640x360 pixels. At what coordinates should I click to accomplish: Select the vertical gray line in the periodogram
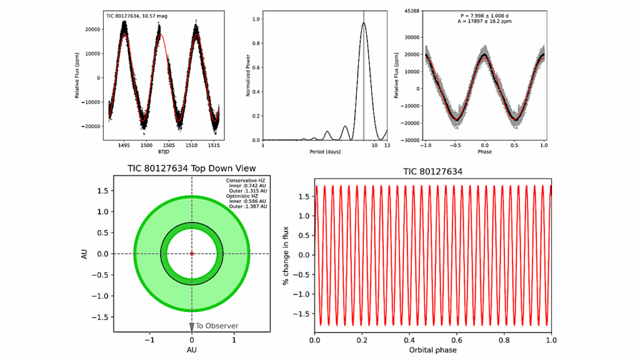(364, 75)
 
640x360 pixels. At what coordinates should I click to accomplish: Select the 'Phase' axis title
(484, 152)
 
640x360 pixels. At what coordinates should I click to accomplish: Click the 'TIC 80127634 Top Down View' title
(191, 169)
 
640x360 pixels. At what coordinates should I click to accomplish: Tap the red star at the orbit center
(192, 254)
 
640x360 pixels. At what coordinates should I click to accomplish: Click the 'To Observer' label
(213, 326)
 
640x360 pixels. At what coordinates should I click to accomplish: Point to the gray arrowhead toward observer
(192, 326)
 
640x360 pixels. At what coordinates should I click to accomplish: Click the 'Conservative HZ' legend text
(246, 181)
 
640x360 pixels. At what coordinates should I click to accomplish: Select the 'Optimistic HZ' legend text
(243, 196)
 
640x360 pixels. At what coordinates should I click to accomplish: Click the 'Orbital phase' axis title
(432, 351)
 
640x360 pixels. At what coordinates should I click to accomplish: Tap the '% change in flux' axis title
(286, 254)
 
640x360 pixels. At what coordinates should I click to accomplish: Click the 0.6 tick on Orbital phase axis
(457, 339)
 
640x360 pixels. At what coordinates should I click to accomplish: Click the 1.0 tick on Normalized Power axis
(256, 19)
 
